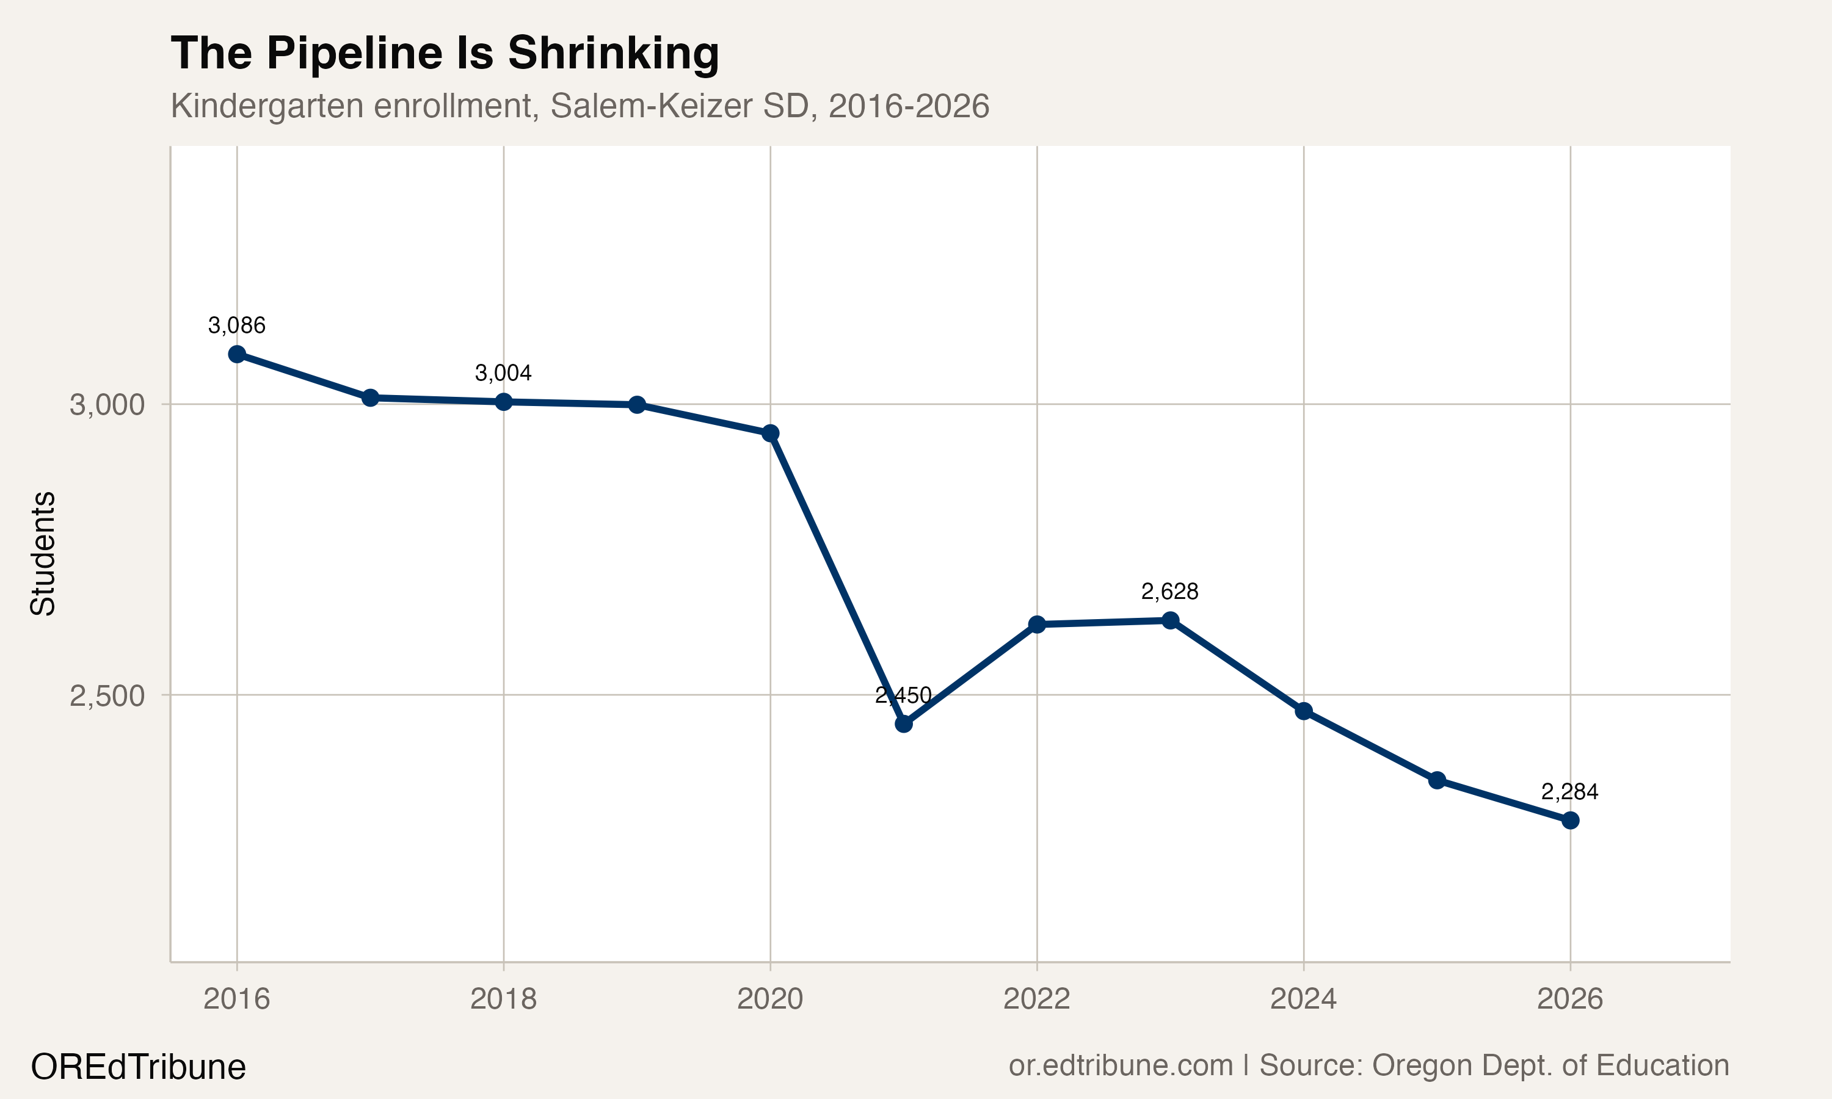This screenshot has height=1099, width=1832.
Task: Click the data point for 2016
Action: pos(237,354)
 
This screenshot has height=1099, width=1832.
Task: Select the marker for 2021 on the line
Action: pos(903,724)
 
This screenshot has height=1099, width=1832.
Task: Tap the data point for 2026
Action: pos(1570,821)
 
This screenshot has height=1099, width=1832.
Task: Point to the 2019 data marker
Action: pos(637,404)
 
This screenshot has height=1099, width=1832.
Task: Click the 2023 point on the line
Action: pos(1170,620)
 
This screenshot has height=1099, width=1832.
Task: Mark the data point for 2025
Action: pos(1436,780)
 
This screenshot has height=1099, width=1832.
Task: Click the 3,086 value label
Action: pos(237,325)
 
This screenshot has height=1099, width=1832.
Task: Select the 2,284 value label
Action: pos(1570,792)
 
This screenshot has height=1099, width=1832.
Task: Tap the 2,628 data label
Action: pos(1170,592)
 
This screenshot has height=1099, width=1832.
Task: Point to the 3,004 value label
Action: pos(504,372)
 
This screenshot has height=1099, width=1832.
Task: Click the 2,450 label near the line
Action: pos(903,695)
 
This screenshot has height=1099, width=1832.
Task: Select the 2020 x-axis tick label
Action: pos(770,999)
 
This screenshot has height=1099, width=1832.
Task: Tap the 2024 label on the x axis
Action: pos(1303,999)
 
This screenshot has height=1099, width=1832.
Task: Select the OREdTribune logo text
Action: pos(139,1067)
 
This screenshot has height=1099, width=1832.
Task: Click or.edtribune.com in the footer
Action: pos(1121,1065)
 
